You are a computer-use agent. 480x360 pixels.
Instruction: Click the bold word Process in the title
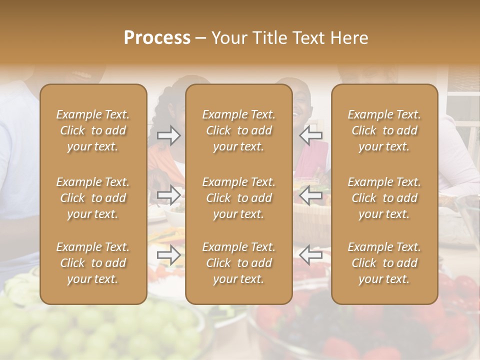(x=157, y=38)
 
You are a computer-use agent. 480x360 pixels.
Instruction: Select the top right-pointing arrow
(x=168, y=135)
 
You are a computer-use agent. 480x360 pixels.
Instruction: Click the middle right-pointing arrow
(x=168, y=195)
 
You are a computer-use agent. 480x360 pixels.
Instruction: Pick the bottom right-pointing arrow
(x=168, y=255)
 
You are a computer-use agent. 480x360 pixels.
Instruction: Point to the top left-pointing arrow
(x=311, y=135)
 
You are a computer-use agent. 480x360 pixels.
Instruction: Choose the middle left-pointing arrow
(x=311, y=195)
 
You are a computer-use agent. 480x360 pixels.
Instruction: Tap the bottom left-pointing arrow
(x=311, y=255)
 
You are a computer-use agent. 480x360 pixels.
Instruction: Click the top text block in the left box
(x=93, y=130)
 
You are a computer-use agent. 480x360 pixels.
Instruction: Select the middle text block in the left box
(x=93, y=198)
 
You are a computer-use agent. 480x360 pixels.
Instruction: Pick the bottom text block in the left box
(x=93, y=263)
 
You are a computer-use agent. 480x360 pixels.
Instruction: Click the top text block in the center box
(x=239, y=130)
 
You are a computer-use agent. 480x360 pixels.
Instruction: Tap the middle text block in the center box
(x=239, y=198)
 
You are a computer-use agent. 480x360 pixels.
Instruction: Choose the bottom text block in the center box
(x=239, y=263)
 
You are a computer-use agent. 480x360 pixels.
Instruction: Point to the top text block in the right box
(x=384, y=130)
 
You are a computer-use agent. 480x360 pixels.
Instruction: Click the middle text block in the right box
(x=384, y=198)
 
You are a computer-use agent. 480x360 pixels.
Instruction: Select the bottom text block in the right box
(x=384, y=263)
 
